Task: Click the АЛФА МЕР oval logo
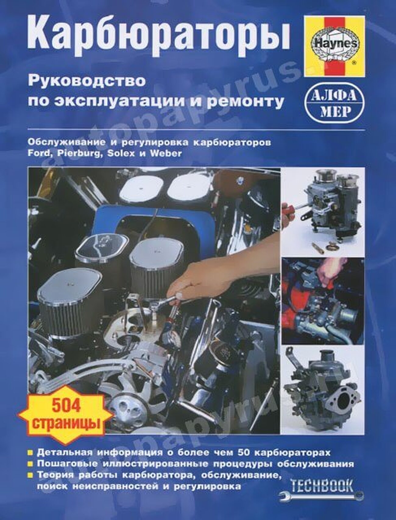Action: coord(333,104)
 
